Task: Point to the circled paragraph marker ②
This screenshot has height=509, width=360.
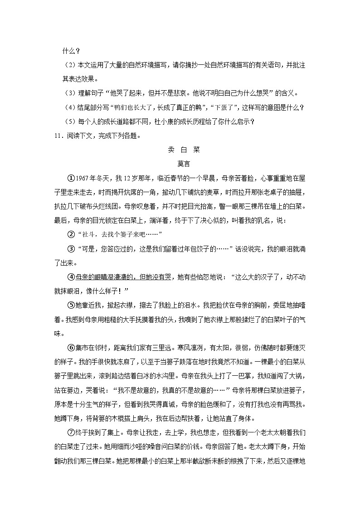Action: tap(70, 234)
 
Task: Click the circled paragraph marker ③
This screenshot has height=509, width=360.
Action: tap(70, 248)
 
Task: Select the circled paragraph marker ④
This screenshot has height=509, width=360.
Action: tap(70, 276)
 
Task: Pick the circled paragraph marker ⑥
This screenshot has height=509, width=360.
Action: tap(70, 347)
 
